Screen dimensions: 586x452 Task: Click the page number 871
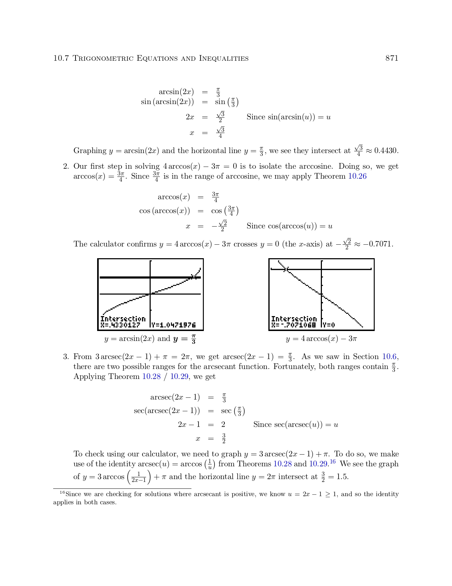pyautogui.click(x=392, y=58)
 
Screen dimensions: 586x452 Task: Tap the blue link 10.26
pyautogui.click(x=357, y=176)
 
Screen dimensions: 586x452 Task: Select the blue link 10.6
pyautogui.click(x=389, y=357)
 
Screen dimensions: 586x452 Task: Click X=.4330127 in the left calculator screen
pyautogui.click(x=120, y=325)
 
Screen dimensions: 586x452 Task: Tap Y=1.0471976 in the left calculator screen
pyautogui.click(x=173, y=325)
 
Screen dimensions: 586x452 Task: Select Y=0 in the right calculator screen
pyautogui.click(x=329, y=325)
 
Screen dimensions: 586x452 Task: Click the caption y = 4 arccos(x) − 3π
pyautogui.click(x=321, y=339)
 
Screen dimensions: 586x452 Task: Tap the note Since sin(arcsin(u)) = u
pyautogui.click(x=289, y=117)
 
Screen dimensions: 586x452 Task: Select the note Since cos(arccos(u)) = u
pyautogui.click(x=289, y=226)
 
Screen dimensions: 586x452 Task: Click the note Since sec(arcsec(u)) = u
pyautogui.click(x=296, y=424)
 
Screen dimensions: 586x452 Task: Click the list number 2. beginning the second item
pyautogui.click(x=66, y=166)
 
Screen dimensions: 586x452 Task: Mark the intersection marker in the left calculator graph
pyautogui.click(x=193, y=277)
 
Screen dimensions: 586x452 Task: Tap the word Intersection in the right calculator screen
pyautogui.click(x=294, y=319)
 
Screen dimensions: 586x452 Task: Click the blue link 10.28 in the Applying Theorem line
pyautogui.click(x=151, y=376)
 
